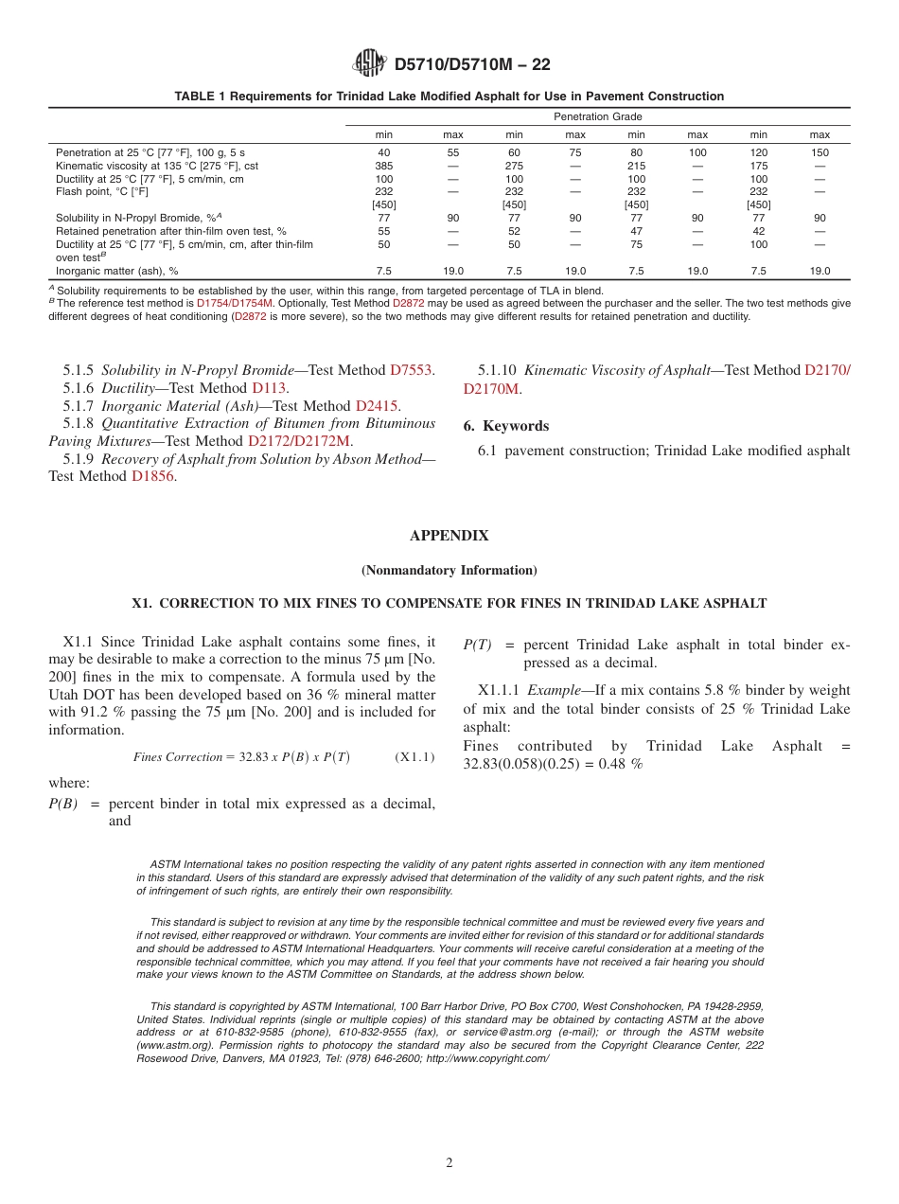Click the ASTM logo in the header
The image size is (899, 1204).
(369, 63)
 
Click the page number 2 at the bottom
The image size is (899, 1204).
(449, 1163)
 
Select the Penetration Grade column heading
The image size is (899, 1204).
(597, 116)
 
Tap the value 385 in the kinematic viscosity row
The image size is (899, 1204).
(384, 166)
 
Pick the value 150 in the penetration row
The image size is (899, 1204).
(820, 152)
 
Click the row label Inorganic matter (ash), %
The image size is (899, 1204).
(117, 271)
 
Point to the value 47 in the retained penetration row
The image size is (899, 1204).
(636, 231)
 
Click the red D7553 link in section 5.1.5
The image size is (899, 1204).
(412, 370)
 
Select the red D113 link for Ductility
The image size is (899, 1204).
(269, 388)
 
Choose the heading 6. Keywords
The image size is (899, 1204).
(506, 426)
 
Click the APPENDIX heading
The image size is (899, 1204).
(449, 536)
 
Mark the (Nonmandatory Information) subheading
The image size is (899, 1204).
(449, 571)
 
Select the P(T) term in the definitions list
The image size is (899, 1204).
(476, 646)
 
